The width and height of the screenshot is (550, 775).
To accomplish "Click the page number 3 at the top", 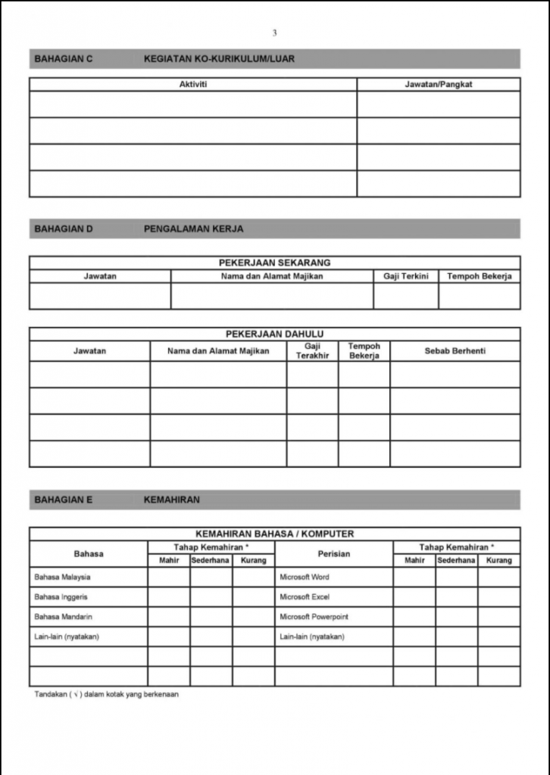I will pos(274,33).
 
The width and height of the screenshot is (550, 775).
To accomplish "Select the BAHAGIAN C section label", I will pos(64,59).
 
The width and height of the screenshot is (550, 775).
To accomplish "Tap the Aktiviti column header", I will pos(192,85).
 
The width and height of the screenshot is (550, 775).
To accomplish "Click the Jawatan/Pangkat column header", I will pos(439,85).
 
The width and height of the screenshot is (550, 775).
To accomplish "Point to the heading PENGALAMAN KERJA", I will pos(193,229).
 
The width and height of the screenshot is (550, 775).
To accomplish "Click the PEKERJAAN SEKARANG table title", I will pos(274,263).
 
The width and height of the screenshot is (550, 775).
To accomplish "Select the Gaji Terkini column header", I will pos(405,276).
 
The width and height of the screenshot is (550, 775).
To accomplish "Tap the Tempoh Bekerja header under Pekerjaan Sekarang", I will pos(479,276).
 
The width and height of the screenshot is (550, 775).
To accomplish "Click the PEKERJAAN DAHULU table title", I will pos(274,334).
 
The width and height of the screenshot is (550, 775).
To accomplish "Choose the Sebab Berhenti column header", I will pos(455,351).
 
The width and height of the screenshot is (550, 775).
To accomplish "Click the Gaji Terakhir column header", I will pos(312,351).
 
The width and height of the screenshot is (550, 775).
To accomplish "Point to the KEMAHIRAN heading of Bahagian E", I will pos(171,500).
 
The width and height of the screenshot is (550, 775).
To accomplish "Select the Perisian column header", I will pos(333,554).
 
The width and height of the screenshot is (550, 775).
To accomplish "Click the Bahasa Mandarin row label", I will pos(64,617).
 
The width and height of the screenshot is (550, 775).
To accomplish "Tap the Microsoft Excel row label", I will pos(305,597).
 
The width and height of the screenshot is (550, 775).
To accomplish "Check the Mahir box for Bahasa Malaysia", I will pos(168,577).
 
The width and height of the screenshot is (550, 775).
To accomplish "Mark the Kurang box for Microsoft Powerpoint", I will pos(498,617).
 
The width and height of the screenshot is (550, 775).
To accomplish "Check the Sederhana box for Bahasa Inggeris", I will pos(211,597).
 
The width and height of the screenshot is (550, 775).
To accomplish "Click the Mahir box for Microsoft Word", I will pos(414,577).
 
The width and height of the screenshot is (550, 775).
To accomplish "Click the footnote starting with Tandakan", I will pos(106,694).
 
